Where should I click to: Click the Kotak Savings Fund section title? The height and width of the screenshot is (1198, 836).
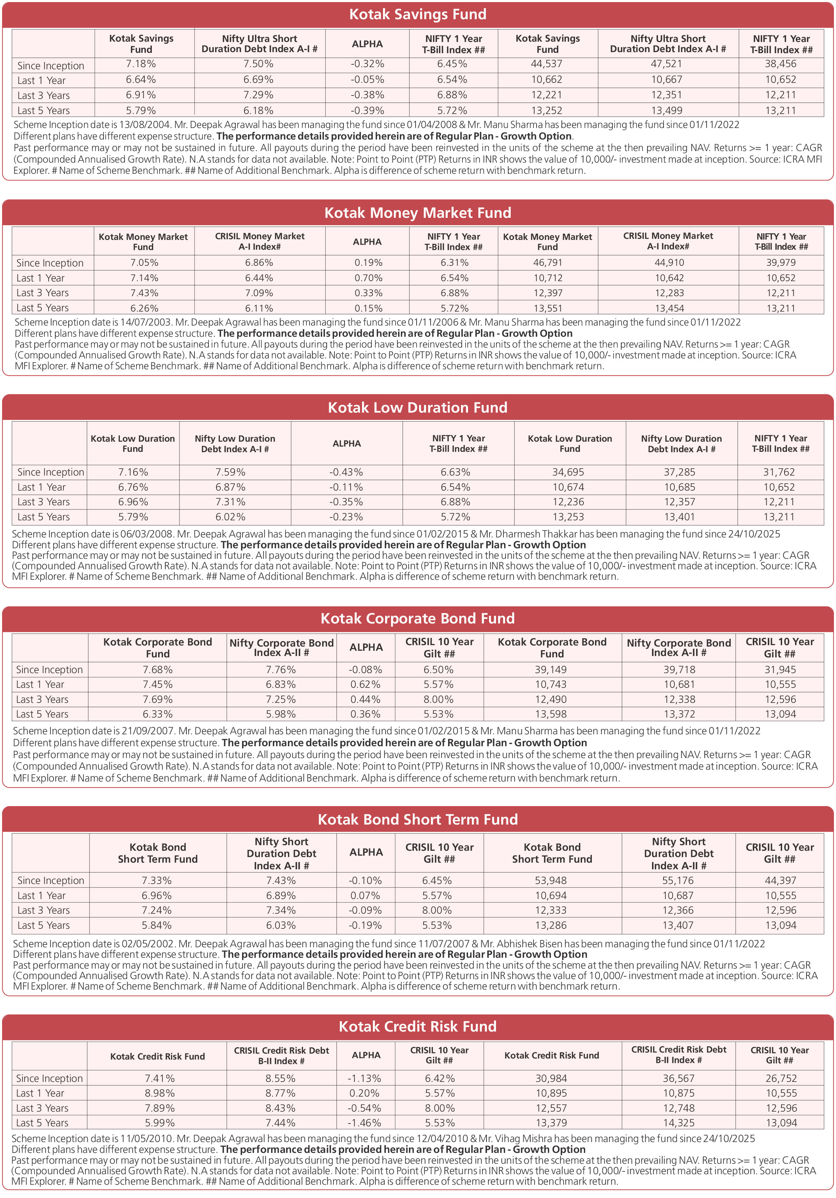pyautogui.click(x=418, y=14)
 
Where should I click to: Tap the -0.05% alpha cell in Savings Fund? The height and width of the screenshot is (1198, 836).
pyautogui.click(x=367, y=80)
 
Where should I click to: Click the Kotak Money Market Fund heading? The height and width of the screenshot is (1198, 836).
pyautogui.click(x=418, y=213)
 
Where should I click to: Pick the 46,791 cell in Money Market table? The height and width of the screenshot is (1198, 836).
pyautogui.click(x=547, y=263)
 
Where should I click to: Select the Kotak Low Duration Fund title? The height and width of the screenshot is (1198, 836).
pyautogui.click(x=418, y=407)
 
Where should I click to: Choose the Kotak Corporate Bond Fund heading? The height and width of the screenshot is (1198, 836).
pyautogui.click(x=418, y=618)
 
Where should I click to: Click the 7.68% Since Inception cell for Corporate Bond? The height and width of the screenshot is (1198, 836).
pyautogui.click(x=158, y=669)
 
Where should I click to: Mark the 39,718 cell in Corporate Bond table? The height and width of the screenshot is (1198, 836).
pyautogui.click(x=678, y=669)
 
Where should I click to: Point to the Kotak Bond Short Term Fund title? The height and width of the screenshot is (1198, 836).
pyautogui.click(x=418, y=819)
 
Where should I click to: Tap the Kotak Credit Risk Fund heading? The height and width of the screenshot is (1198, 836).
pyautogui.click(x=418, y=1026)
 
